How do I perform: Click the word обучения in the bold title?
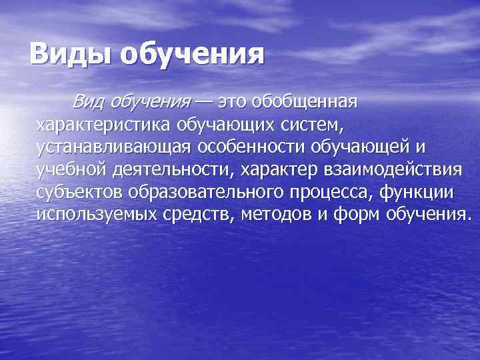coord(193,54)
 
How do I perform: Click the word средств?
coord(203,214)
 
